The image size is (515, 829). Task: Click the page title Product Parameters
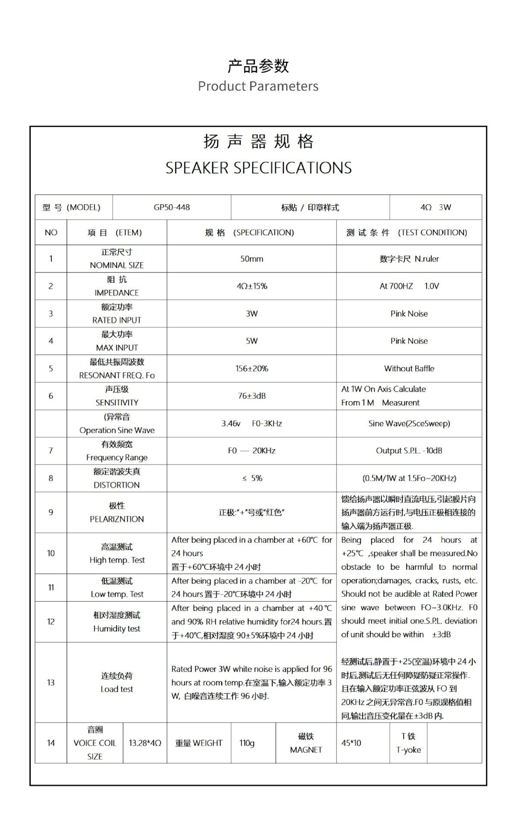click(x=258, y=86)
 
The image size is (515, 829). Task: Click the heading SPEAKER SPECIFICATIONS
click(x=258, y=168)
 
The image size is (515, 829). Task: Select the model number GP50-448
click(x=171, y=207)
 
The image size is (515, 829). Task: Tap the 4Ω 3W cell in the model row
click(x=435, y=207)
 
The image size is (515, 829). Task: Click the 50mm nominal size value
click(x=251, y=259)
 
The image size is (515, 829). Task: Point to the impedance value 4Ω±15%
click(x=251, y=286)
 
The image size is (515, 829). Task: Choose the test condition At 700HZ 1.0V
click(x=409, y=286)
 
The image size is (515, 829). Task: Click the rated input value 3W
click(x=251, y=313)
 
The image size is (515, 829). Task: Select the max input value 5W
click(x=251, y=341)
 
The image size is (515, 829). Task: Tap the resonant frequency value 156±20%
click(x=251, y=368)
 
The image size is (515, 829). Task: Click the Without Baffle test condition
click(x=409, y=368)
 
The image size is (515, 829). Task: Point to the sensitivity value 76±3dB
click(x=251, y=396)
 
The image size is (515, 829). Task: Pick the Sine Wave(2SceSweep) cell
click(x=409, y=423)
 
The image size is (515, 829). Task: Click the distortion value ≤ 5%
click(x=252, y=478)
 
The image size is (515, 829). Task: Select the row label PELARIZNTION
click(x=117, y=519)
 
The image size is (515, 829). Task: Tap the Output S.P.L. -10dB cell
click(x=409, y=450)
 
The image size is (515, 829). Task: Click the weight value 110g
click(x=247, y=743)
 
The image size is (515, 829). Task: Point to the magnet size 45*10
click(x=351, y=743)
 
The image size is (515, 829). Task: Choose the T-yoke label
click(x=408, y=750)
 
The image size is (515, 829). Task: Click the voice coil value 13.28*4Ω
click(x=145, y=743)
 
